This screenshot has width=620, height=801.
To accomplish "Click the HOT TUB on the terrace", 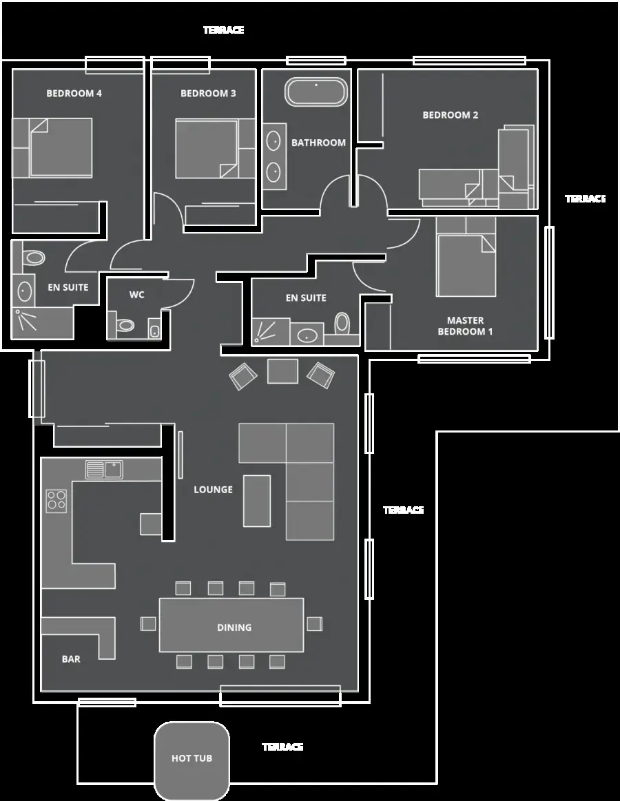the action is pyautogui.click(x=192, y=760).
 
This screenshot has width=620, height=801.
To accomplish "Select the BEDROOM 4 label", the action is pyautogui.click(x=74, y=94).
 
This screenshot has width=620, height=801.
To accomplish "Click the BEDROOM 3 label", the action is pyautogui.click(x=208, y=94).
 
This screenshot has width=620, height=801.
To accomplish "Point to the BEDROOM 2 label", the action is pyautogui.click(x=451, y=115).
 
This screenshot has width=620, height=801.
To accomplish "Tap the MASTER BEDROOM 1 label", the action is pyautogui.click(x=465, y=326).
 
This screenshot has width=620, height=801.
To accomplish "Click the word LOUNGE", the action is pyautogui.click(x=213, y=490).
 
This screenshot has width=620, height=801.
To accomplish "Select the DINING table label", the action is pyautogui.click(x=234, y=627).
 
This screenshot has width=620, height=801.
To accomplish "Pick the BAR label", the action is pyautogui.click(x=71, y=659).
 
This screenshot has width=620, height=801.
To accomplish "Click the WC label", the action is pyautogui.click(x=136, y=295).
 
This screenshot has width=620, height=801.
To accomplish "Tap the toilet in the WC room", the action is pyautogui.click(x=123, y=325).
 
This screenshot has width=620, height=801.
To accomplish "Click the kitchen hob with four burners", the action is pyautogui.click(x=56, y=501).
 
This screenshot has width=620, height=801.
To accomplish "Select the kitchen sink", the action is pyautogui.click(x=104, y=470).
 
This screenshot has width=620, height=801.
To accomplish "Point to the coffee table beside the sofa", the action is pyautogui.click(x=256, y=501).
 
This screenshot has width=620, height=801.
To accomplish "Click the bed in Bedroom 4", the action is pyautogui.click(x=61, y=147).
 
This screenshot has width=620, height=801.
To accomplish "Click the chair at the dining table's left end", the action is pyautogui.click(x=148, y=624).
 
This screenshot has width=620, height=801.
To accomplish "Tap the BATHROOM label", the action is pyautogui.click(x=318, y=143).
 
